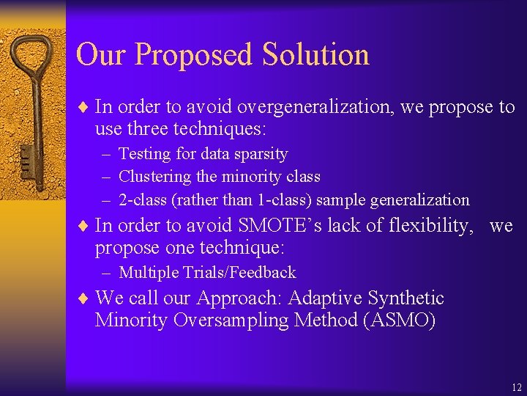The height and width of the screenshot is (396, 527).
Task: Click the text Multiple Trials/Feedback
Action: coord(207,273)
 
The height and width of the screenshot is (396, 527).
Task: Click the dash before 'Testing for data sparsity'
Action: coord(107,155)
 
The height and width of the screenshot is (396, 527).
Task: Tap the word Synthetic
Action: coord(407,298)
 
